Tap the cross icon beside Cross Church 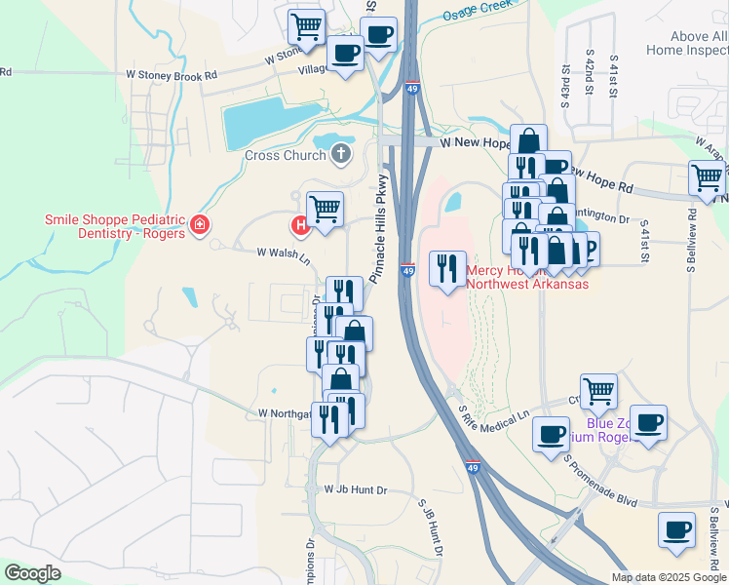pos(340,153)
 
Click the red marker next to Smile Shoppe pos(201,226)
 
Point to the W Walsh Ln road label pos(283,253)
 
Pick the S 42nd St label pos(590,74)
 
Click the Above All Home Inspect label pos(687,43)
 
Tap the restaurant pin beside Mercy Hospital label pos(448,269)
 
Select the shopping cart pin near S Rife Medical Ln pos(598,392)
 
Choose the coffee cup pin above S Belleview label pos(676,530)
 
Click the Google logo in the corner pos(32,573)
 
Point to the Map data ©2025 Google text pos(669,577)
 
